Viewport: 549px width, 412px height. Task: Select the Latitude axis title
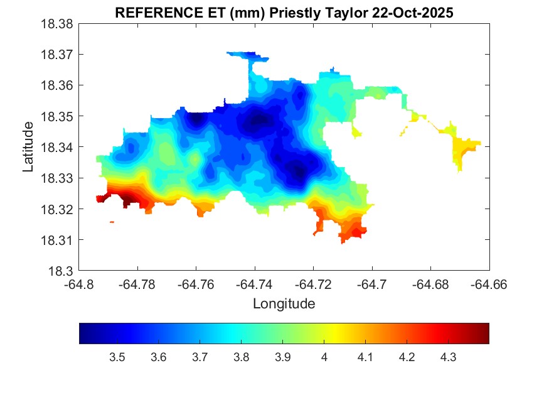coord(28,147)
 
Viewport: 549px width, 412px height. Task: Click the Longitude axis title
coord(284,304)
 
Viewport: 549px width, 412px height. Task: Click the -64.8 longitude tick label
coord(80,285)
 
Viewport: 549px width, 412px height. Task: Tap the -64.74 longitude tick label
coord(255,285)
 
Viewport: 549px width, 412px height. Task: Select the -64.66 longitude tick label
coord(489,285)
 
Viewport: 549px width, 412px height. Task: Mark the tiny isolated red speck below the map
coord(112,222)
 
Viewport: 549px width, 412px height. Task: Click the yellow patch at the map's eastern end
coord(465,148)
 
